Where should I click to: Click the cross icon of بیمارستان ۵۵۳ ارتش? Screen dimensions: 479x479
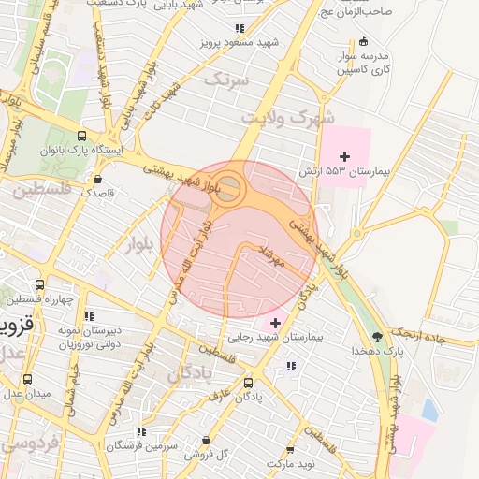point(345,155)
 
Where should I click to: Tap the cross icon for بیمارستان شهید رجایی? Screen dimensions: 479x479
point(273,322)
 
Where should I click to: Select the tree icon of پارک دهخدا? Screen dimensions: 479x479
point(377,336)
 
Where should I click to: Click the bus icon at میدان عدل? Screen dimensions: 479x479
point(27,380)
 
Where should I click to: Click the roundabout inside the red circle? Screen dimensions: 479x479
point(229,191)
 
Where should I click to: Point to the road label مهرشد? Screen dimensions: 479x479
point(274,255)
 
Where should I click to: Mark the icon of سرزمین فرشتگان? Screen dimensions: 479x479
point(141,431)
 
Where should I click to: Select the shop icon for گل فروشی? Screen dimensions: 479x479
point(207,440)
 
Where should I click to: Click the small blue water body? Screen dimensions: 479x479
point(429,409)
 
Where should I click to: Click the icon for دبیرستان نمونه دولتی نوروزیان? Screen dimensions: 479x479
point(90,316)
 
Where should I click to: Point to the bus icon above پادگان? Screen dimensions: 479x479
point(248,382)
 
